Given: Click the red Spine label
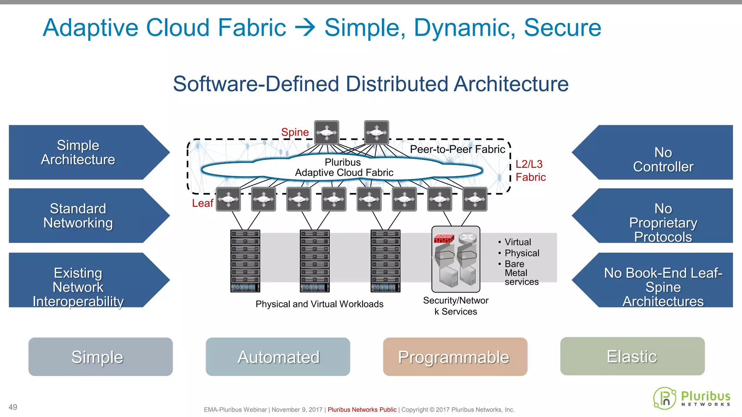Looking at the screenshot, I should pos(295,132).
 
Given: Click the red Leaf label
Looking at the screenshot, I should pos(203,203).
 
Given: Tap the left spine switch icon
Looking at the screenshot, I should pos(326,132).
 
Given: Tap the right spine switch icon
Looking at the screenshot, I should pos(376,132).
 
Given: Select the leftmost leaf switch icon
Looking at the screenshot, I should pos(228,199).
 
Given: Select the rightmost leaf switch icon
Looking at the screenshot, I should pos(475,199).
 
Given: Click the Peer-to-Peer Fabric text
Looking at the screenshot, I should pos(457,149).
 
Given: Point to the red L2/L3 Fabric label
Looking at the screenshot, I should pos(530,170).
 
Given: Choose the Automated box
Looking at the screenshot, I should pos(278,357).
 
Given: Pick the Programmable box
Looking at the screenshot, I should pos(455,357).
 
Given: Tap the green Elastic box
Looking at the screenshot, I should pos(632,357).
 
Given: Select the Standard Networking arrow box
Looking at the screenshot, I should pos(78,216).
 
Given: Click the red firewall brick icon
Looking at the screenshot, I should pos(443,239).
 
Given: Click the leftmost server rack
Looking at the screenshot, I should pos(245,261).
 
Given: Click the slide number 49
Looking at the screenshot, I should pos(13,407).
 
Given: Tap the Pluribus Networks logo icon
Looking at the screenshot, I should pos(664,399).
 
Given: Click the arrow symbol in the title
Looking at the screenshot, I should pos(305,28).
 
